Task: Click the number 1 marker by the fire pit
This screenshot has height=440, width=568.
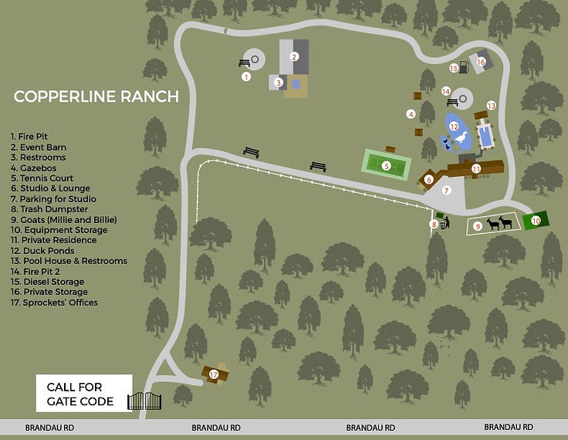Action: coord(246,76)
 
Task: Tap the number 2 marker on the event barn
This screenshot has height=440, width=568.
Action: coord(294,56)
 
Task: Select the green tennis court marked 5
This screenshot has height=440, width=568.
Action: coord(387,164)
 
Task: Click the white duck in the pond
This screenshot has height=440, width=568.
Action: coord(461,137)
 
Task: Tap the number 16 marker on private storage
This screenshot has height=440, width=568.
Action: coord(482,62)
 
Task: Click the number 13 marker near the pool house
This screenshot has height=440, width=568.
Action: coord(491,105)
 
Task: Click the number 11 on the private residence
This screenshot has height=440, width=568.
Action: coord(476,168)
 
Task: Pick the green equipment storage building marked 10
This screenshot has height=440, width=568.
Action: coord(536,221)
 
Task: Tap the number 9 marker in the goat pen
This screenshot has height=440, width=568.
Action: coord(478,226)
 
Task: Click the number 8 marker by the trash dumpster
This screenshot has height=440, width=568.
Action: coord(434,225)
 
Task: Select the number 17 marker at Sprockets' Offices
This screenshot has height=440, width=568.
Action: coord(214,374)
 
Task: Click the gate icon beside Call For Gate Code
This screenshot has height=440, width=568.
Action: coord(147,400)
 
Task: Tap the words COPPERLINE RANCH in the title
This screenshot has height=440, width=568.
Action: coord(96,96)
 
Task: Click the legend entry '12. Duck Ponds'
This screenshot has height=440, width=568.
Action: coord(42,251)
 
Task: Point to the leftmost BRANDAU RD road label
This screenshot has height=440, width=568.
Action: coord(49,427)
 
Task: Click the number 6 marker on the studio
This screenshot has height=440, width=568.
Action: coord(428,181)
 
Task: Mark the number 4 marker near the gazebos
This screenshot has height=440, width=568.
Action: coord(411,114)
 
